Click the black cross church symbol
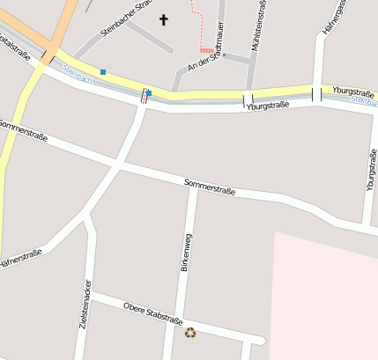point(163,18)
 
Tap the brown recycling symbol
point(190,333)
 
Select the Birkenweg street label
point(185,253)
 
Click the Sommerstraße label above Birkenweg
point(210,187)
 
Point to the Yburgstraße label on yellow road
point(353,91)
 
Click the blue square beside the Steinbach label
point(103,72)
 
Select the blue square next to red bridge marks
point(149,93)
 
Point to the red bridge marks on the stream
point(144,95)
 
